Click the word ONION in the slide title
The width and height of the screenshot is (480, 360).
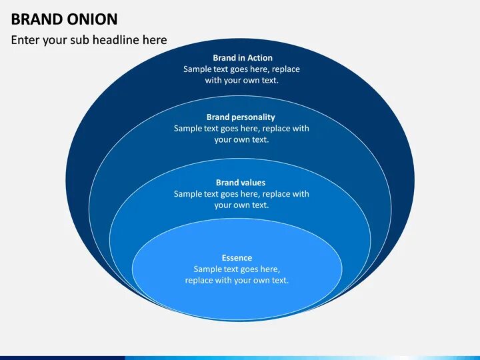coord(86,19)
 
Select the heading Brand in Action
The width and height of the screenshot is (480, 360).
coord(242,58)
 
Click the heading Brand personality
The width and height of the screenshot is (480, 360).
coord(241,117)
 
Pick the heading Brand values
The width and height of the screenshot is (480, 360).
coord(241,183)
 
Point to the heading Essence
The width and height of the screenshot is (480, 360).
coord(237,258)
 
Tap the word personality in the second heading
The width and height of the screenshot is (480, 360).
coord(253,117)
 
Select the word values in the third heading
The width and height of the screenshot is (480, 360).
coord(253,183)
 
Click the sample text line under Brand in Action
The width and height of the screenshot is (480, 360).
coord(241,69)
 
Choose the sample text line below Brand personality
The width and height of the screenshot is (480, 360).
coord(241,129)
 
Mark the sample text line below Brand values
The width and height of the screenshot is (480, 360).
coord(241,194)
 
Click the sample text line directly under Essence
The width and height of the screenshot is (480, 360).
coord(237,269)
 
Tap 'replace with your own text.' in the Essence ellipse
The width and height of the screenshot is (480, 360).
coord(237,281)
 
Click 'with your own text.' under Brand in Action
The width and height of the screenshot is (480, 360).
coord(241,81)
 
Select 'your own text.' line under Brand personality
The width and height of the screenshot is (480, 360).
coord(241,140)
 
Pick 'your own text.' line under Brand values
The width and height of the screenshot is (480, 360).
coord(241,205)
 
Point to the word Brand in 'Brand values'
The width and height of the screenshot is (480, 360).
coord(227,183)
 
